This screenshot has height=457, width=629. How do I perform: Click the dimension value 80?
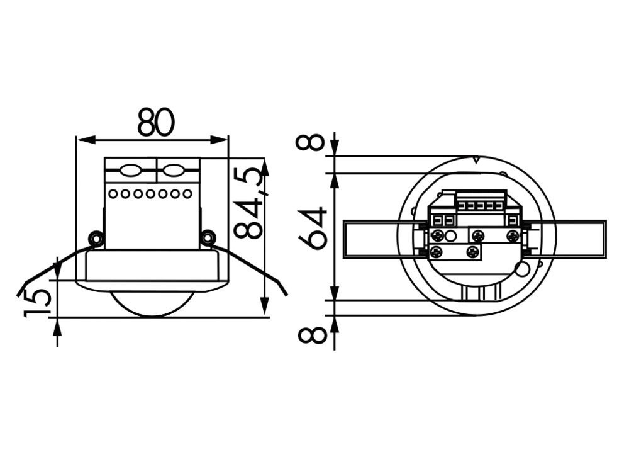tap(156, 122)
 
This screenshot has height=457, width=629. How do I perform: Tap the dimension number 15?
tap(37, 302)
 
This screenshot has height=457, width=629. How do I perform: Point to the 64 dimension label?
tap(313, 228)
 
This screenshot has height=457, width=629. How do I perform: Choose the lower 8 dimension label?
tap(312, 334)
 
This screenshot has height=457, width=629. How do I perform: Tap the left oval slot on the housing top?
tap(130, 171)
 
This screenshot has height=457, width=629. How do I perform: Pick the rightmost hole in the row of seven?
tap(187, 194)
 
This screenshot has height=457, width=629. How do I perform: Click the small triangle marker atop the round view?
tap(476, 160)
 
